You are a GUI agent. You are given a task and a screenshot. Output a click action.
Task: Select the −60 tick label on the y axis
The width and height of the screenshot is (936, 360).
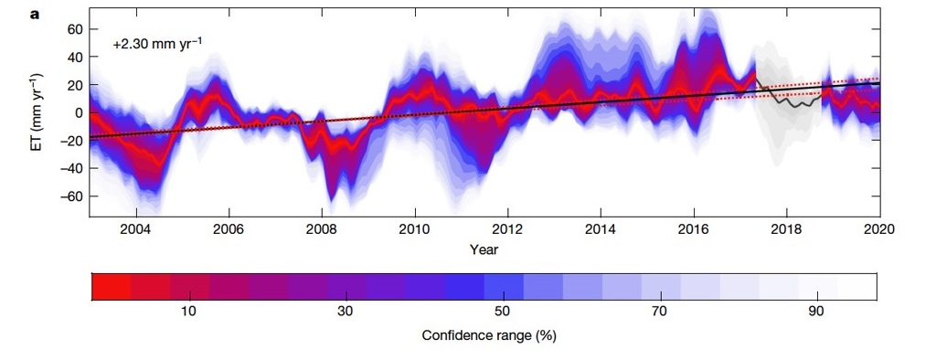[x=70, y=196]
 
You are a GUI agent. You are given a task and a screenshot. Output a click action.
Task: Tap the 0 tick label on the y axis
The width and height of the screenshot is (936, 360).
[x=79, y=112]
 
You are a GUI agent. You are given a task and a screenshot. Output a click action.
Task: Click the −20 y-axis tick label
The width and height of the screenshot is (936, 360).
[x=70, y=141]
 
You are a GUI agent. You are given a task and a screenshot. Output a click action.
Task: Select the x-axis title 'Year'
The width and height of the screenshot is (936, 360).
[x=484, y=249]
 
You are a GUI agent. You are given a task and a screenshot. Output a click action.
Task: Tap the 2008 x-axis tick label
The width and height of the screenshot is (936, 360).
[x=321, y=228]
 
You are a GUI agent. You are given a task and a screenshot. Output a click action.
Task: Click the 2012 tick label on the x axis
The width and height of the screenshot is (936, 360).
[x=506, y=228]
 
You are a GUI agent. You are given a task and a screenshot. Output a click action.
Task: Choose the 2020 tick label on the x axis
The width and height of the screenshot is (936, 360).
[x=878, y=228]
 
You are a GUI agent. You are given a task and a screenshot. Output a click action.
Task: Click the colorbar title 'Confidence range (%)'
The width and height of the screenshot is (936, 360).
[x=488, y=335]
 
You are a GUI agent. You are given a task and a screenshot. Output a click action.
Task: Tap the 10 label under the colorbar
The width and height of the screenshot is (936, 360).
[x=188, y=312]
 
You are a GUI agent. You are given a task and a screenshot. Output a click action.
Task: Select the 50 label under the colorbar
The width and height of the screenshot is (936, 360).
[x=503, y=312]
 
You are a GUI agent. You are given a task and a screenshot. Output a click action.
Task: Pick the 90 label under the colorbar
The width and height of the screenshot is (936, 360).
[x=817, y=312]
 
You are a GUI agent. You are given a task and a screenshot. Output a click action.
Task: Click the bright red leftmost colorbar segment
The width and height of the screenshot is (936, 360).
[x=111, y=286]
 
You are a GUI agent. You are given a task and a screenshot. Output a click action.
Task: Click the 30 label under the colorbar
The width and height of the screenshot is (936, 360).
[x=346, y=312]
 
